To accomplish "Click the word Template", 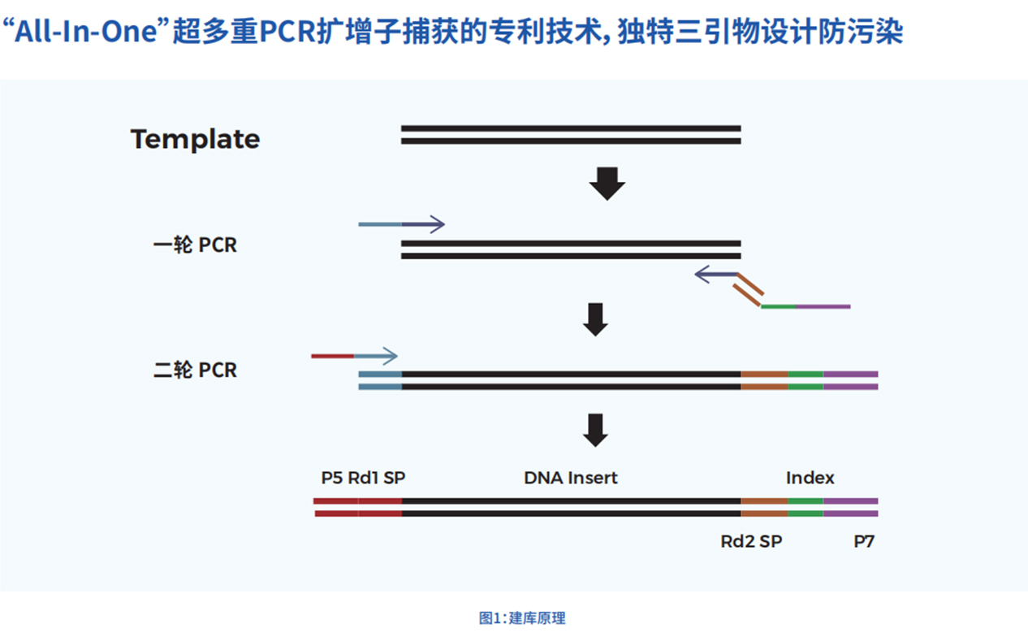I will pyautogui.click(x=195, y=139).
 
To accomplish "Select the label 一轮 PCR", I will pyautogui.click(x=195, y=245).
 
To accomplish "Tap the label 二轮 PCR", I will pyautogui.click(x=195, y=370).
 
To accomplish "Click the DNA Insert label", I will pyautogui.click(x=570, y=478).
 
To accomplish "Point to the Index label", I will pyautogui.click(x=810, y=478).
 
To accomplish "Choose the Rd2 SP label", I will pyautogui.click(x=751, y=541).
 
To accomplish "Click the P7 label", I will pyautogui.click(x=864, y=541).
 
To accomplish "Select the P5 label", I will pyautogui.click(x=331, y=478).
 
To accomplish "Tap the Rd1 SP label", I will pyautogui.click(x=376, y=478).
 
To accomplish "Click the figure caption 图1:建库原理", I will pyautogui.click(x=521, y=618).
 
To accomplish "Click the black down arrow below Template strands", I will pyautogui.click(x=607, y=184).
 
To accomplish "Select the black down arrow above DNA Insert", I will pyautogui.click(x=596, y=430).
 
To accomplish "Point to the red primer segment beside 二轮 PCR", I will pyautogui.click(x=333, y=356).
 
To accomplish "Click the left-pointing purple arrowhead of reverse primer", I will pyautogui.click(x=702, y=275).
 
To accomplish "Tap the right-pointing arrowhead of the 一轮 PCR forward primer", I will pyautogui.click(x=437, y=224).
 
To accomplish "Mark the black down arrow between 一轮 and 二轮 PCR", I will pyautogui.click(x=596, y=319).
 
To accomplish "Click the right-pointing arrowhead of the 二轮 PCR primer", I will pyautogui.click(x=390, y=356).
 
